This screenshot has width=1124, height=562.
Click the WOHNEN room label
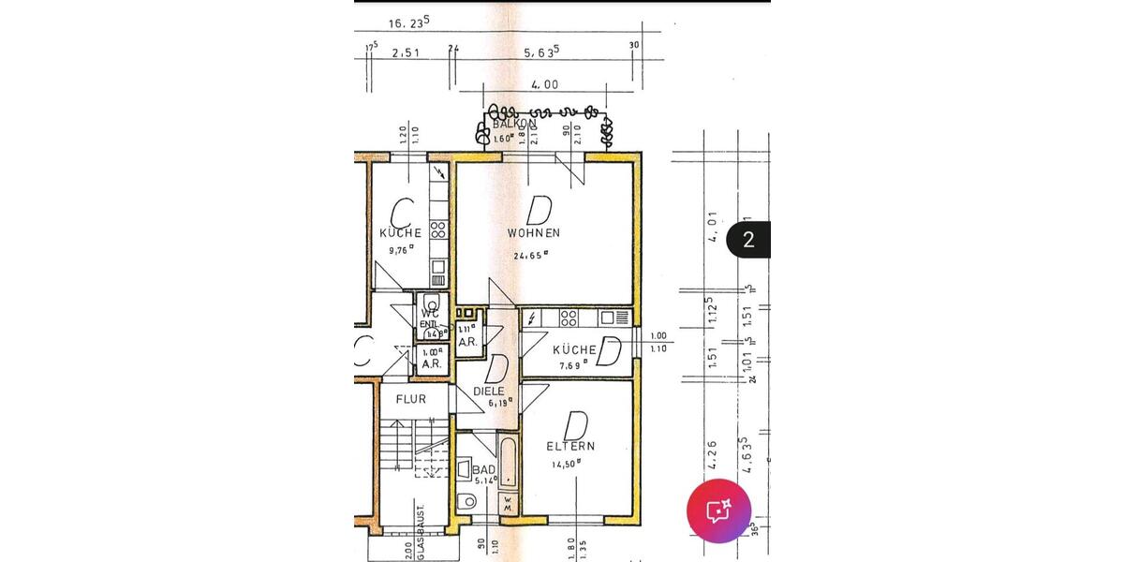tap(533, 232)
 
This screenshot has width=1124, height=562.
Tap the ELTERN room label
tap(571, 447)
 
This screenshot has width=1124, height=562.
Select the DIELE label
tap(489, 391)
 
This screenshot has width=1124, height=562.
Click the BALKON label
tap(514, 124)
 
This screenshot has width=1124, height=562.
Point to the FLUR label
tap(410, 399)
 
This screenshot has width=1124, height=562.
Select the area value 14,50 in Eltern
tap(566, 464)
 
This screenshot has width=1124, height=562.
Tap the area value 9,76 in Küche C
tap(401, 250)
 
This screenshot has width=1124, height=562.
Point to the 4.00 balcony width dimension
tap(544, 84)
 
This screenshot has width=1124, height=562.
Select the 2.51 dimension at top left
tap(405, 54)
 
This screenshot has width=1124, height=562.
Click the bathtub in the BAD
tap(507, 462)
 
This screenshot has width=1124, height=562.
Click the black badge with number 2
tap(748, 239)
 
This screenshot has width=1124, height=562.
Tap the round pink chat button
tap(718, 511)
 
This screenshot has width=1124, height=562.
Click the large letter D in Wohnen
tap(538, 208)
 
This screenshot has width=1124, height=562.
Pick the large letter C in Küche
tap(402, 210)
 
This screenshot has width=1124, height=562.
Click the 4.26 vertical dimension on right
tap(714, 454)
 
